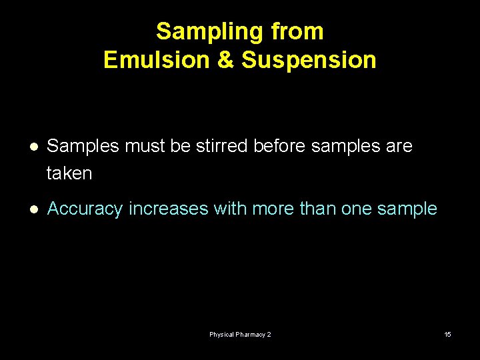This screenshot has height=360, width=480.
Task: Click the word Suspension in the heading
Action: [309, 60]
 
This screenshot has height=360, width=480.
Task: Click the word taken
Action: [69, 173]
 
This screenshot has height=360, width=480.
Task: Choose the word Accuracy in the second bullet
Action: [85, 209]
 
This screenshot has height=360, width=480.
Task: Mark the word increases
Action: [169, 209]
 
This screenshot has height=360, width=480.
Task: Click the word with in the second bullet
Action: [229, 209]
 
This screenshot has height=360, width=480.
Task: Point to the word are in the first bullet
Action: [399, 145]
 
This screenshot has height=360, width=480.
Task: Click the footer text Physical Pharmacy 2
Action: [240, 334]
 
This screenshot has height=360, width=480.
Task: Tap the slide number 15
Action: [447, 334]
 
